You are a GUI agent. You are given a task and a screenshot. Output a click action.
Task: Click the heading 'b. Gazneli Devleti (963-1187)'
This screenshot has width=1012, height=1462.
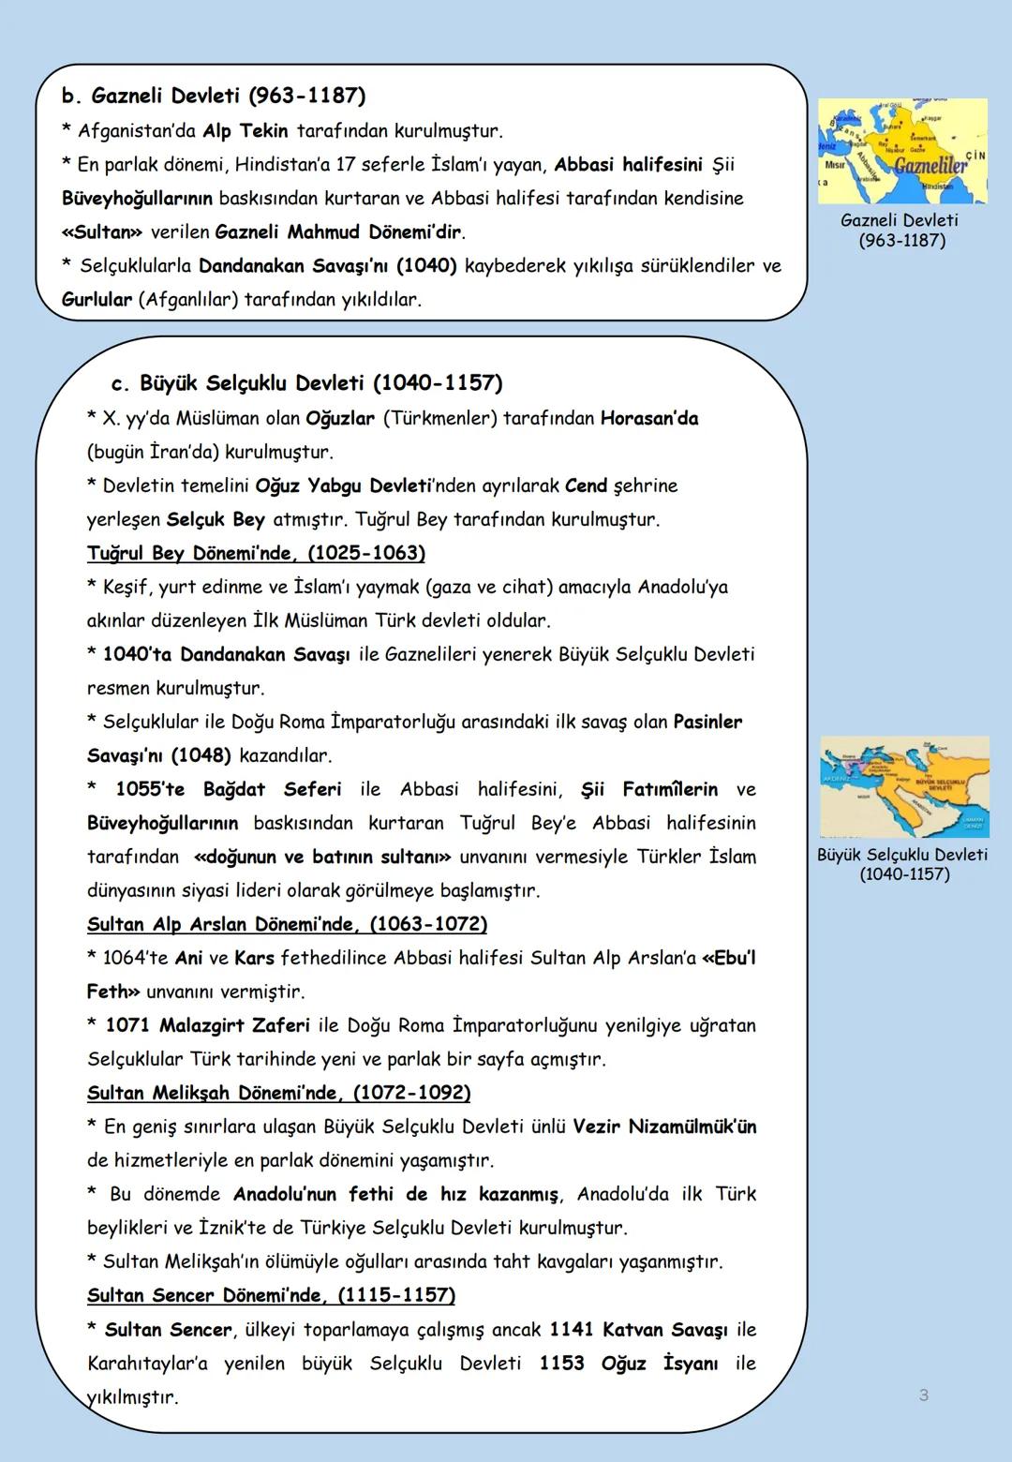pyautogui.click(x=214, y=96)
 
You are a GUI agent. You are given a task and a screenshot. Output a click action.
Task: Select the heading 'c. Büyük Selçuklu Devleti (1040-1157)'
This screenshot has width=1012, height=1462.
pyautogui.click(x=306, y=383)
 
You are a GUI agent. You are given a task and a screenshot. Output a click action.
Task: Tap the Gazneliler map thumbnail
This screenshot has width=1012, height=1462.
pyautogui.click(x=902, y=151)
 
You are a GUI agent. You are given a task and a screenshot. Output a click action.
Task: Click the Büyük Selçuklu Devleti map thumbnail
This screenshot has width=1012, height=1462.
pyautogui.click(x=904, y=786)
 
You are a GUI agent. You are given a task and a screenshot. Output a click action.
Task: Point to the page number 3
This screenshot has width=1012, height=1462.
pyautogui.click(x=923, y=1395)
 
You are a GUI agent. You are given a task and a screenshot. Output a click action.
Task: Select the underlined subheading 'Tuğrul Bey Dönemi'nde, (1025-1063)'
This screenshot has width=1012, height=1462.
pyautogui.click(x=256, y=553)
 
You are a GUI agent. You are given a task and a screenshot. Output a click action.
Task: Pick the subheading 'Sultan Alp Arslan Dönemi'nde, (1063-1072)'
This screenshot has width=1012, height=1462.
pyautogui.click(x=287, y=924)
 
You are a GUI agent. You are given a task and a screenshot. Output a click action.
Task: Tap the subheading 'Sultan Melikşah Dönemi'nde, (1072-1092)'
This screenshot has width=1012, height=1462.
pyautogui.click(x=278, y=1093)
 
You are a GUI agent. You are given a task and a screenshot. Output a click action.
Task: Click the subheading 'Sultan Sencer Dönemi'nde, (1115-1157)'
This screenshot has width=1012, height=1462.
pyautogui.click(x=271, y=1295)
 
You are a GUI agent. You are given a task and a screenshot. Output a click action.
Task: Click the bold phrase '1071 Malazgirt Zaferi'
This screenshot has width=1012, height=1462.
pyautogui.click(x=207, y=1025)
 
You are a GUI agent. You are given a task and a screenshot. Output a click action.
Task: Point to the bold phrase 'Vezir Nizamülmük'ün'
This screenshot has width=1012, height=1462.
pyautogui.click(x=664, y=1126)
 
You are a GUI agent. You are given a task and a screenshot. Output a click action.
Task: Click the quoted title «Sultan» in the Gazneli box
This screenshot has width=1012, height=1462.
pyautogui.click(x=101, y=231)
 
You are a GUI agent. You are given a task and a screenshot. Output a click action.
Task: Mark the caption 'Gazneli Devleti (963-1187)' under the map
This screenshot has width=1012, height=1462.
pyautogui.click(x=900, y=231)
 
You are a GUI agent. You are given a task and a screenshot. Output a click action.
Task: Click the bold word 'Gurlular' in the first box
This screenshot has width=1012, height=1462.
pyautogui.click(x=97, y=299)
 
